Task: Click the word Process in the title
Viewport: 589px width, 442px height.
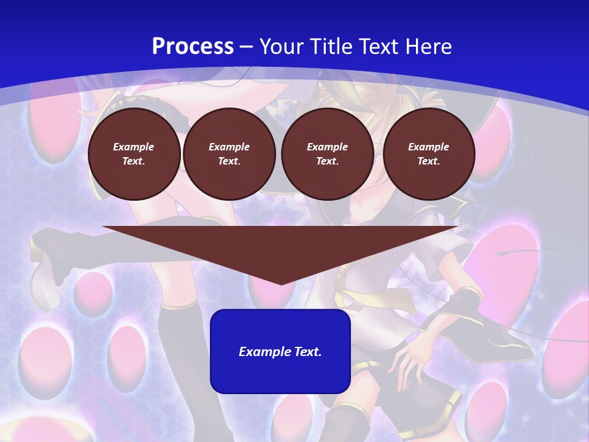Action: (193, 47)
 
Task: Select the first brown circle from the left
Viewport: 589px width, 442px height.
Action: (134, 154)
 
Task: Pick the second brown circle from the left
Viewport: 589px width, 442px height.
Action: (229, 154)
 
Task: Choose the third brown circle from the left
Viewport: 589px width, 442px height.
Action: (328, 154)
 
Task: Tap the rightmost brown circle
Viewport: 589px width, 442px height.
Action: (429, 154)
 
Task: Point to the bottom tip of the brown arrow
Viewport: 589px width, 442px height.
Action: (281, 284)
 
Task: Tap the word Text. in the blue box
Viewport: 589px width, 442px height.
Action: (308, 352)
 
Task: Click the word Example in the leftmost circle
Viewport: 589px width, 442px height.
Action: (134, 147)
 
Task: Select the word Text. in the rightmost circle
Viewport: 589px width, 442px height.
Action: (429, 161)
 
